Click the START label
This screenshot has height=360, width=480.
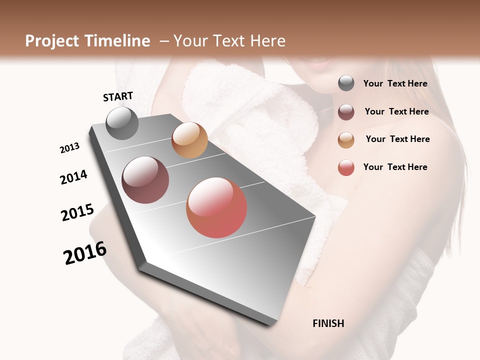(118, 96)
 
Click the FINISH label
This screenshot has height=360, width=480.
(328, 323)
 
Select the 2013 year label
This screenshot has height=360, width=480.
(69, 148)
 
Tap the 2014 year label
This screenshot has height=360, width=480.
(73, 177)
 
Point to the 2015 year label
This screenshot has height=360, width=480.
(77, 212)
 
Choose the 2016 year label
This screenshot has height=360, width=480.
(85, 252)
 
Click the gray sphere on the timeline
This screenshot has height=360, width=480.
(122, 123)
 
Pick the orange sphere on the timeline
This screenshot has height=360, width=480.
(189, 140)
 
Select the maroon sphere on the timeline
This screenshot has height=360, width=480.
(145, 180)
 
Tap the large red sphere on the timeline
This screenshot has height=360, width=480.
(216, 207)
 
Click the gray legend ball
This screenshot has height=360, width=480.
(346, 83)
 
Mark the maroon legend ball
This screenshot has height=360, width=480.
(346, 111)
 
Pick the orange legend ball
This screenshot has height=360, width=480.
(346, 139)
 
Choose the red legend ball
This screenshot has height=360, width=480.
(346, 167)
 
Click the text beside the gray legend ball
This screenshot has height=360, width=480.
(395, 83)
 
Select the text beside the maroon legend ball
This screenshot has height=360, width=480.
(396, 111)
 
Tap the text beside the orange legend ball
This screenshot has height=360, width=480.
(397, 139)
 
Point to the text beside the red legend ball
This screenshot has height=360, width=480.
(395, 167)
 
